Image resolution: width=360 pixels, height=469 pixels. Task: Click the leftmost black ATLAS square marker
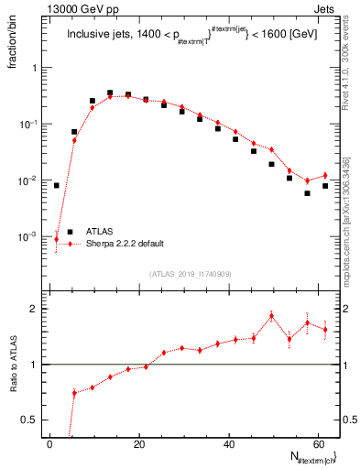point(57,185)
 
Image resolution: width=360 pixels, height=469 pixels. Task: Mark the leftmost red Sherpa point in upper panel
point(57,239)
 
